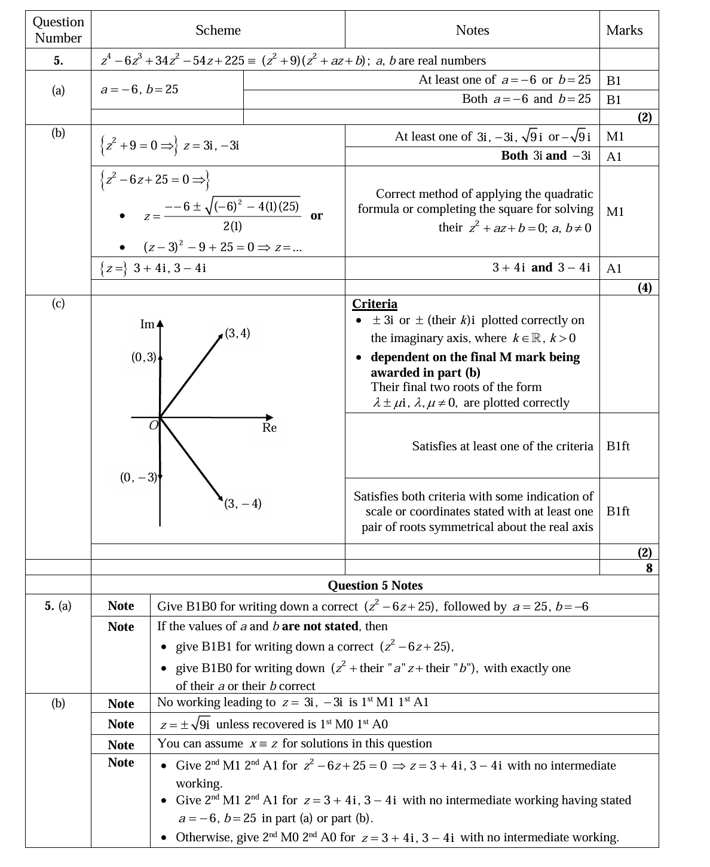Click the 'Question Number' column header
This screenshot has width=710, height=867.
click(58, 30)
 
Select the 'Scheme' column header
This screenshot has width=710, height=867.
click(218, 30)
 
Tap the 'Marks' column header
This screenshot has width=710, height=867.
click(624, 30)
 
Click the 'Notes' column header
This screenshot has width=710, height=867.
click(472, 30)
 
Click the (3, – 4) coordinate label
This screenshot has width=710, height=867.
click(243, 503)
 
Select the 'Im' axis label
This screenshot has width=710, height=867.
click(147, 324)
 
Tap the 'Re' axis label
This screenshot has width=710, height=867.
click(270, 428)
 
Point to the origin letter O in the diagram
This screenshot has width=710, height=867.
click(153, 426)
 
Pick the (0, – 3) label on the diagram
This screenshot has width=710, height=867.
click(139, 477)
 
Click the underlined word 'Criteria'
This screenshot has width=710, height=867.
click(375, 304)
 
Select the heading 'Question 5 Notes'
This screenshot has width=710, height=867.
click(375, 585)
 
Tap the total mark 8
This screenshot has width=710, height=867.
click(649, 568)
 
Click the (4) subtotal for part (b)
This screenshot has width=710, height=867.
click(644, 288)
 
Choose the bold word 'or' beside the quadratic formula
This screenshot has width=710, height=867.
click(317, 216)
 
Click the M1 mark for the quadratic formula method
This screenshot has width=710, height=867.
click(615, 212)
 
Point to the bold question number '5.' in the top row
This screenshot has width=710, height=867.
click(58, 60)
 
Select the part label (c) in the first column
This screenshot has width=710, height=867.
click(58, 303)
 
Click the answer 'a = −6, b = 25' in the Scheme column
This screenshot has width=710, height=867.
click(139, 90)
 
